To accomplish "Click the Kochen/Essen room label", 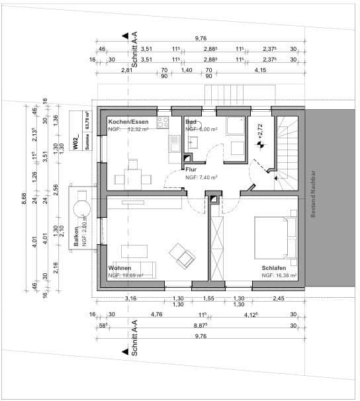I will (128, 122).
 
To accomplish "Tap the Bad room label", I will (191, 122).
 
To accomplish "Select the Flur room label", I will (191, 169).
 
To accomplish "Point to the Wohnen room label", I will (120, 268).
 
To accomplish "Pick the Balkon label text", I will (77, 235).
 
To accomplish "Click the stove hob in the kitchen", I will (163, 122).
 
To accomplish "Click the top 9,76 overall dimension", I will (201, 39).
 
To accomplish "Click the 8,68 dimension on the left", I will (24, 197).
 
